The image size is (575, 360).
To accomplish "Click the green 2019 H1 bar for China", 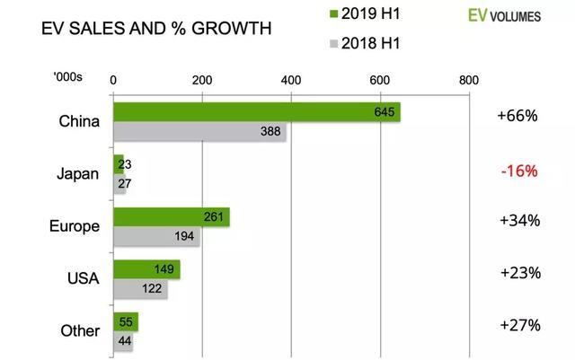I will tap(256, 112).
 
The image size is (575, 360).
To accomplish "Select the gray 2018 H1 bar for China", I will tap(199, 133).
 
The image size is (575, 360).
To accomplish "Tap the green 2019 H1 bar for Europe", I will tap(171, 217).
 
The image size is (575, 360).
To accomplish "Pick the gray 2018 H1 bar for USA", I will tap(140, 290).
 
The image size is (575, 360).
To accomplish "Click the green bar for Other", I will tap(124, 321).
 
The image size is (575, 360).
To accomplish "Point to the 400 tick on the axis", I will tap(290, 80).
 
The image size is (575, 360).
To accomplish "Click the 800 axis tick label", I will tap(467, 80).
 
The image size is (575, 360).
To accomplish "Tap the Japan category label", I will tap(78, 174).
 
